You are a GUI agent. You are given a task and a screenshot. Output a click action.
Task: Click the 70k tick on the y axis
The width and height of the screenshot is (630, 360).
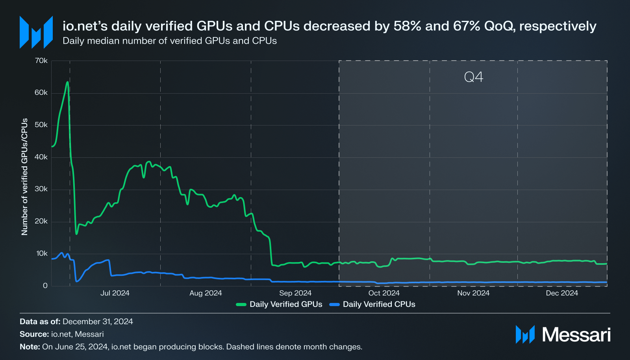click(41, 61)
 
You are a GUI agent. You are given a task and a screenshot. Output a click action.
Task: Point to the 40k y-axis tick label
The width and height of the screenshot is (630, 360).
click(41, 157)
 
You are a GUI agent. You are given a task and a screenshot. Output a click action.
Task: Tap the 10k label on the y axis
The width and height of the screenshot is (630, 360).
click(42, 253)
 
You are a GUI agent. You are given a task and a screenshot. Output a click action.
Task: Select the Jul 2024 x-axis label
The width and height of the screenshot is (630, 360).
click(115, 293)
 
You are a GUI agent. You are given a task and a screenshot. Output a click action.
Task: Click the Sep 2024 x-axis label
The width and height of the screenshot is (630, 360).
click(295, 293)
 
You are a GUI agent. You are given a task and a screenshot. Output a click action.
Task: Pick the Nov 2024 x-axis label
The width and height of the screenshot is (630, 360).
click(473, 293)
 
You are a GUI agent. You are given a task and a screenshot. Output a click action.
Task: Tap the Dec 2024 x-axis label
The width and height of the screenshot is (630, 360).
click(561, 293)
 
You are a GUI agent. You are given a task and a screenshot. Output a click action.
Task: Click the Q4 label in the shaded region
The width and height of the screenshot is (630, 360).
click(473, 77)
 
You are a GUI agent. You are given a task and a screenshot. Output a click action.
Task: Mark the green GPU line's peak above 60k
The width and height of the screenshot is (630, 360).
click(67, 82)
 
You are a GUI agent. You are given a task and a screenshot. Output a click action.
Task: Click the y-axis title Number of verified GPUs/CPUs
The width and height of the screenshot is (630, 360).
click(24, 177)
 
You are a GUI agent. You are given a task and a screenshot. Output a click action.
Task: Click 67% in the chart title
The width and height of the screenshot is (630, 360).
click(467, 26)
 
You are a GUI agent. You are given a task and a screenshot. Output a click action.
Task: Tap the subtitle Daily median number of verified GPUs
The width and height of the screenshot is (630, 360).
click(169, 41)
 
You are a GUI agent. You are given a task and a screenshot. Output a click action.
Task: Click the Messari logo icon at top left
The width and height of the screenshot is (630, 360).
click(36, 32)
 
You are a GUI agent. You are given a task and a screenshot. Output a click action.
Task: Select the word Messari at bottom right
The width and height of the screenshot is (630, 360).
click(576, 335)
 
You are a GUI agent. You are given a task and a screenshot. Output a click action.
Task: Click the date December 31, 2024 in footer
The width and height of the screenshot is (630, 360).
click(98, 321)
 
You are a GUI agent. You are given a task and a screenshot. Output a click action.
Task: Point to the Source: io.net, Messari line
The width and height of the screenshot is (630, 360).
click(62, 334)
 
